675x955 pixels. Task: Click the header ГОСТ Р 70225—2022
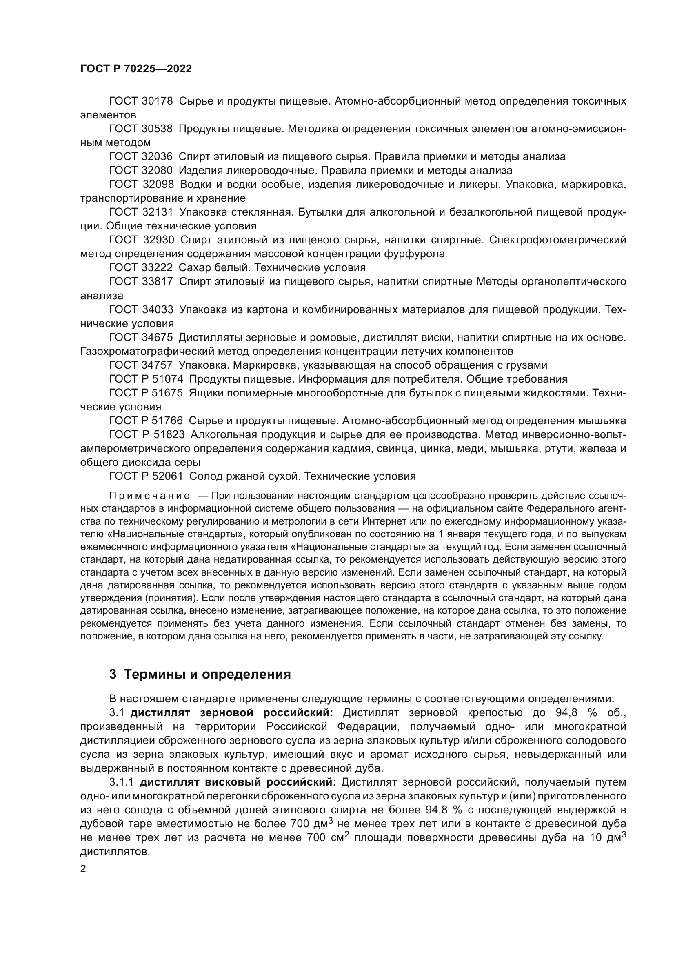coord(136,69)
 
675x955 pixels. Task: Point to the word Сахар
coord(195,267)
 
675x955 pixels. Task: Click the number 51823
coord(169,435)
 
